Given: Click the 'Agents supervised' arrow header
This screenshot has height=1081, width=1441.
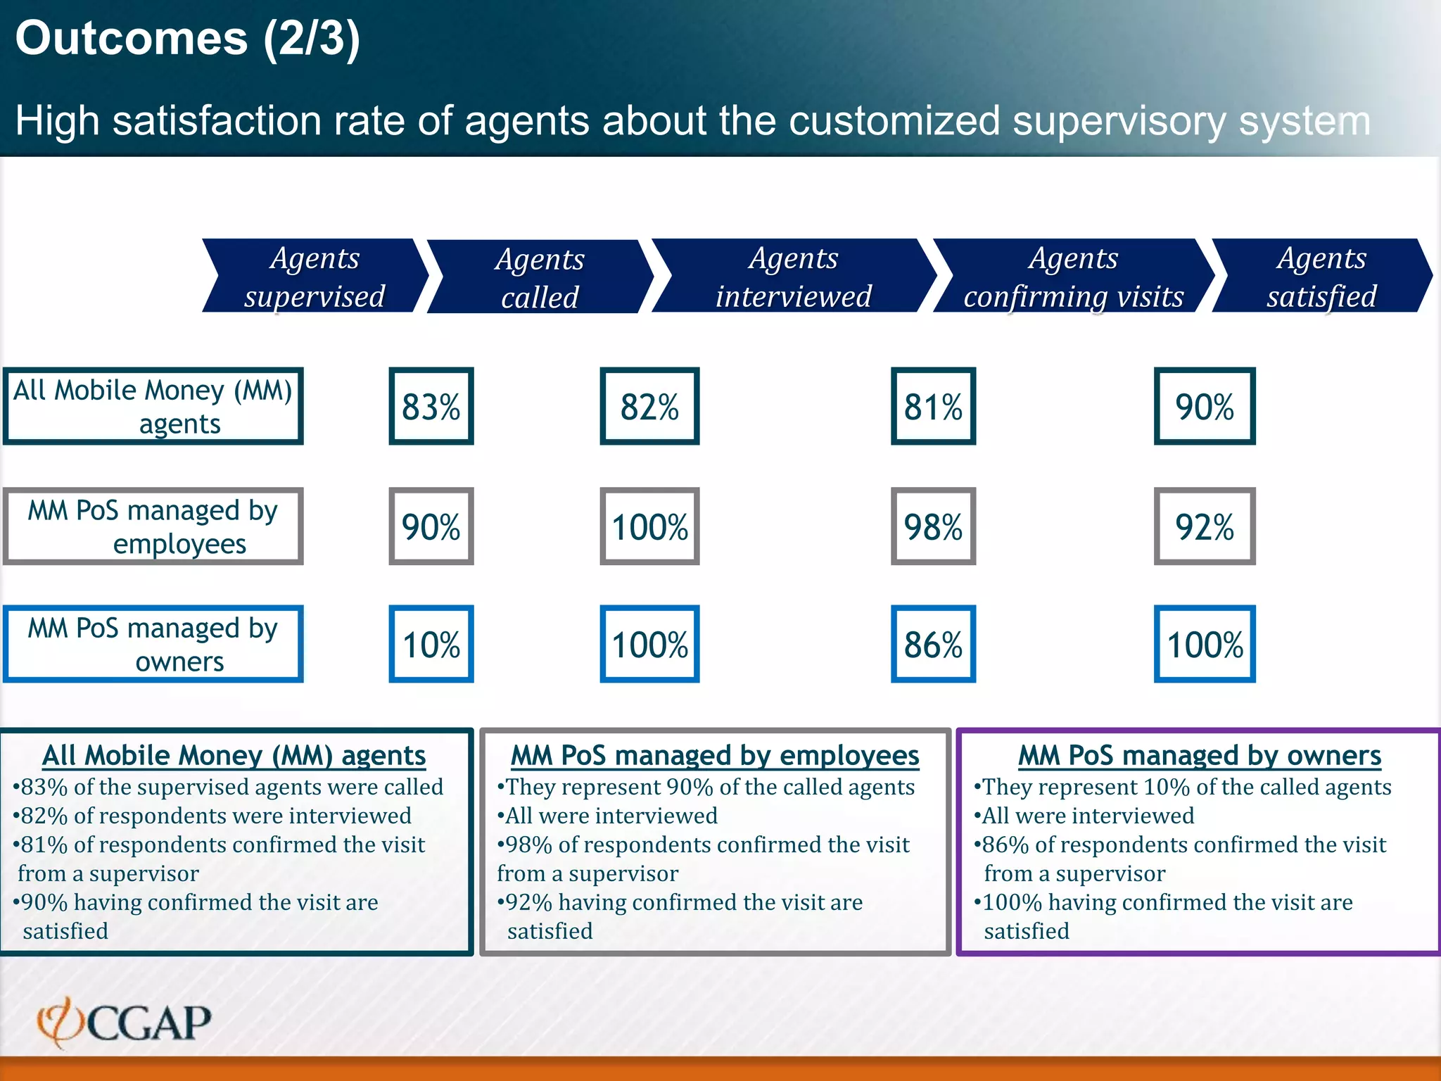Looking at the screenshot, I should point(315,276).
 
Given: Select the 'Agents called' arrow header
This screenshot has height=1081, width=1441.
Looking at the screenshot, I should point(540,277).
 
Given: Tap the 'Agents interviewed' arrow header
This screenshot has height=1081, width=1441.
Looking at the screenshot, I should point(793,276).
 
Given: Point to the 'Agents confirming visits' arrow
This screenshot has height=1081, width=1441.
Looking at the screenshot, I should point(1073,276).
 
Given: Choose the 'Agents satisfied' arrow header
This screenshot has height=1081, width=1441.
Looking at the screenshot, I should point(1321,276).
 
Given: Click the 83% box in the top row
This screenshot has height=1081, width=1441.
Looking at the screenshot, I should point(431,406).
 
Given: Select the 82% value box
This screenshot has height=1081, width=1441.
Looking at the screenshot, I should point(649,406).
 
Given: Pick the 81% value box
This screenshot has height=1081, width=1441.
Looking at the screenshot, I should point(933,406).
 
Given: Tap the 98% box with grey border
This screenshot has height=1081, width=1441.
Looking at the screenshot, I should point(933,526).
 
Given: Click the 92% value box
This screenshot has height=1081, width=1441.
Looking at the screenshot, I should point(1204,526).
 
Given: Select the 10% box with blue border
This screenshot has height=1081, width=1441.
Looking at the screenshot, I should point(431,644).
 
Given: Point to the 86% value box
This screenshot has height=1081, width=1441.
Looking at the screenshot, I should point(933,644).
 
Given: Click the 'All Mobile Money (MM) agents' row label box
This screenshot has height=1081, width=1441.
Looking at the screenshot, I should point(153,406).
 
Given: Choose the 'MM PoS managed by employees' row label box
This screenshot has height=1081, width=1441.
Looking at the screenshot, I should point(153,526).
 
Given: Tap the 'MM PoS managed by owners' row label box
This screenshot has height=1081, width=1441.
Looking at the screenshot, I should point(153,644).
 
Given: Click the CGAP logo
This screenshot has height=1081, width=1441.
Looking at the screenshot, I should point(125,1022).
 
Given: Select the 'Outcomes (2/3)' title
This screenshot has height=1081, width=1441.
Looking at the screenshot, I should point(187,38).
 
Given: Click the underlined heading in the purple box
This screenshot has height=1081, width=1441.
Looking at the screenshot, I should point(1199,755).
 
